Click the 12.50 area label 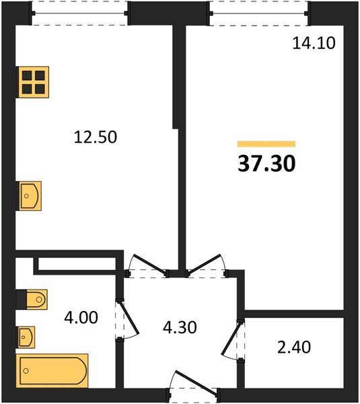pyautogui.click(x=96, y=137)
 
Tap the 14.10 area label pyautogui.click(x=314, y=43)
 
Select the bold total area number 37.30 pyautogui.click(x=266, y=164)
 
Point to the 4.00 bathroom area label pyautogui.click(x=81, y=317)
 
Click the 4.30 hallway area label pyautogui.click(x=180, y=327)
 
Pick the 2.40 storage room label pyautogui.click(x=294, y=347)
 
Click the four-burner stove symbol pyautogui.click(x=32, y=82)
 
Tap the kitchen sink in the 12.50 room pyautogui.click(x=28, y=196)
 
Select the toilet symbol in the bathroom pyautogui.click(x=32, y=300)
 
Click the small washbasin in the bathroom pyautogui.click(x=26, y=337)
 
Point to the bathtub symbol pyautogui.click(x=52, y=371)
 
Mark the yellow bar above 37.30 pyautogui.click(x=266, y=144)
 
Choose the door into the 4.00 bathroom pyautogui.click(x=128, y=319)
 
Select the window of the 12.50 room pyautogui.click(x=79, y=13)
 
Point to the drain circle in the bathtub pyautogui.click(x=26, y=371)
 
